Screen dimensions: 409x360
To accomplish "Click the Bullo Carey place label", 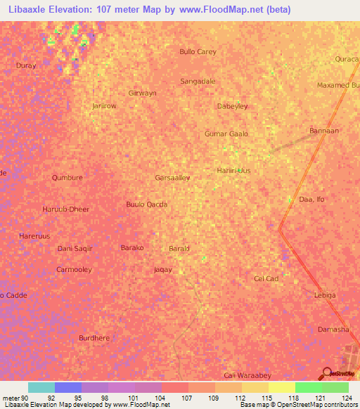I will pyautogui.click(x=198, y=52).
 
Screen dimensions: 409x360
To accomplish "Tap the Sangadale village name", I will pyautogui.click(x=198, y=82).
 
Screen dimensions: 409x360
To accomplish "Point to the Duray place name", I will pyautogui.click(x=25, y=65).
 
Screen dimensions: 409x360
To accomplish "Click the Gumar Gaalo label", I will pyautogui.click(x=226, y=134).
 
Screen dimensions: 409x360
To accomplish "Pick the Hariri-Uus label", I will pyautogui.click(x=233, y=171).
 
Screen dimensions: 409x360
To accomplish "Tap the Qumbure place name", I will pyautogui.click(x=67, y=178).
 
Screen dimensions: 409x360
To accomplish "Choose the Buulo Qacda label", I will pyautogui.click(x=146, y=204).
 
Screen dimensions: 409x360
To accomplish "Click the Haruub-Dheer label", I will pyautogui.click(x=66, y=209).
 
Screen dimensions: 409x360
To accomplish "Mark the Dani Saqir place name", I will pyautogui.click(x=75, y=249).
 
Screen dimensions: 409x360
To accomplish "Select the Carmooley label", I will pyautogui.click(x=75, y=270).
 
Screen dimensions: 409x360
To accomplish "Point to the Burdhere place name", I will pyautogui.click(x=94, y=338).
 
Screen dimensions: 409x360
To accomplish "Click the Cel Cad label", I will pyautogui.click(x=266, y=279).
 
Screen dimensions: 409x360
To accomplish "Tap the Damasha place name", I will pyautogui.click(x=333, y=330).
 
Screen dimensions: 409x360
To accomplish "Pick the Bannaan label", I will pyautogui.click(x=324, y=131).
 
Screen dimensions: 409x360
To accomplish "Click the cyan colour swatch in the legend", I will pyautogui.click(x=41, y=387).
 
